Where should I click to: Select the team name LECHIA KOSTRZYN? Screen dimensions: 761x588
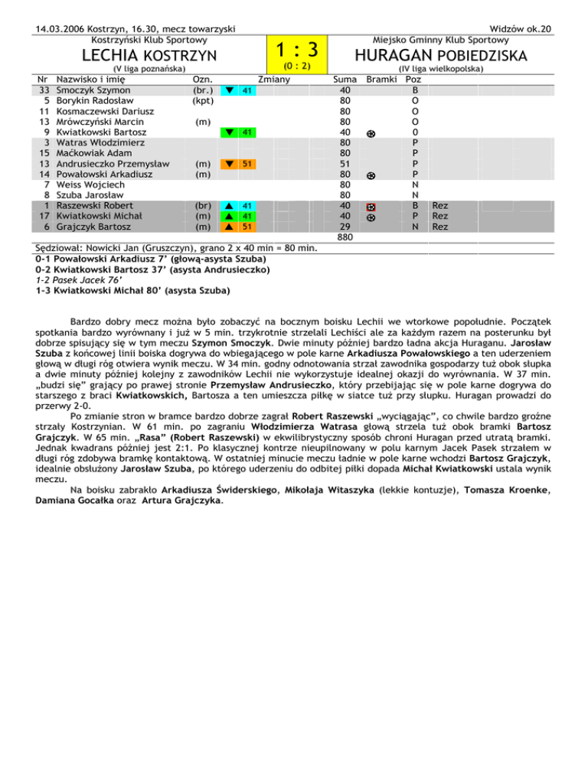149,55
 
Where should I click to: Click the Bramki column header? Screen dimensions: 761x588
382,79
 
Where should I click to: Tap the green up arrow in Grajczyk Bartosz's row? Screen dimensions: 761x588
229,227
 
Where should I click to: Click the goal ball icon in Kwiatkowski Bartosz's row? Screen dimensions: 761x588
371,132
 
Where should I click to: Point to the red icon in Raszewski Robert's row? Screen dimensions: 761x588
371,207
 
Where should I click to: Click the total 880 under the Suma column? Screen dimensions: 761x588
345,237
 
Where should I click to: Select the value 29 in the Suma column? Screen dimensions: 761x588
345,227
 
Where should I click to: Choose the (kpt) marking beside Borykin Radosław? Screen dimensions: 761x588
203,100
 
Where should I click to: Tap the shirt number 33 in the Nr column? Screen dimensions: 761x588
44,90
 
